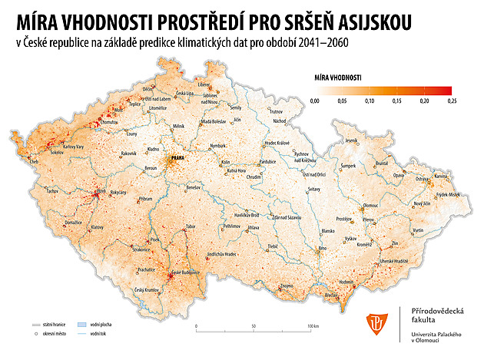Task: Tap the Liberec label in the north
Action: pos(204,85)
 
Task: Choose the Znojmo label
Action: pos(286,286)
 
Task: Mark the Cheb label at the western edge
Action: pos(33,162)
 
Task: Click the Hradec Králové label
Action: pos(277,143)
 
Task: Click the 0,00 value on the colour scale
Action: pos(313,101)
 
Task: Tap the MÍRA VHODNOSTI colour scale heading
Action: pos(339,78)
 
